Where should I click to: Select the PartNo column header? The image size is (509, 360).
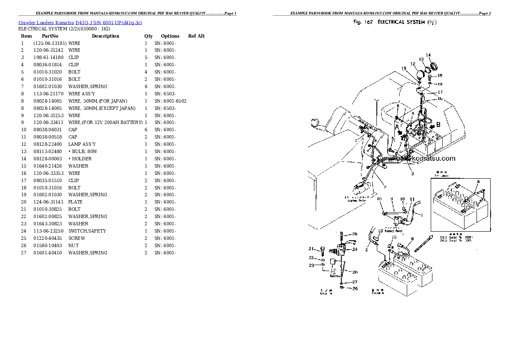pyautogui.click(x=50, y=36)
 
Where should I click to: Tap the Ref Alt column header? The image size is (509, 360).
pyautogui.click(x=196, y=36)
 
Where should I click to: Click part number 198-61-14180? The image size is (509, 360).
pyautogui.click(x=48, y=58)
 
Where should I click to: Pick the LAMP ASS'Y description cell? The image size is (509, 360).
pyautogui.click(x=82, y=144)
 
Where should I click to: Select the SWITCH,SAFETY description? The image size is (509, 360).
pyautogui.click(x=87, y=231)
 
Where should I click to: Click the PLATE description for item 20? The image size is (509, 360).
pyautogui.click(x=75, y=202)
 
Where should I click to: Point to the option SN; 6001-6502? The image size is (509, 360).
pyautogui.click(x=170, y=101)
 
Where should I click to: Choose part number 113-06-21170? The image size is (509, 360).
pyautogui.click(x=48, y=94)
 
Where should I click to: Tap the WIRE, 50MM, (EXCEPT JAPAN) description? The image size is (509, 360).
pyautogui.click(x=102, y=108)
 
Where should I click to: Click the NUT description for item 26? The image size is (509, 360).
pyautogui.click(x=74, y=245)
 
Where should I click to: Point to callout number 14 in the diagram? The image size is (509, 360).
pyautogui.click(x=428, y=55)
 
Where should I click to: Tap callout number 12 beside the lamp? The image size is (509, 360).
pyautogui.click(x=413, y=64)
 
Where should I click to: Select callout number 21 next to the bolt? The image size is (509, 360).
pyautogui.click(x=311, y=248)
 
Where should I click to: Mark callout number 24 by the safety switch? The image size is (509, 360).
pyautogui.click(x=355, y=250)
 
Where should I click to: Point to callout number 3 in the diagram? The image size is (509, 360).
pyautogui.click(x=412, y=174)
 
